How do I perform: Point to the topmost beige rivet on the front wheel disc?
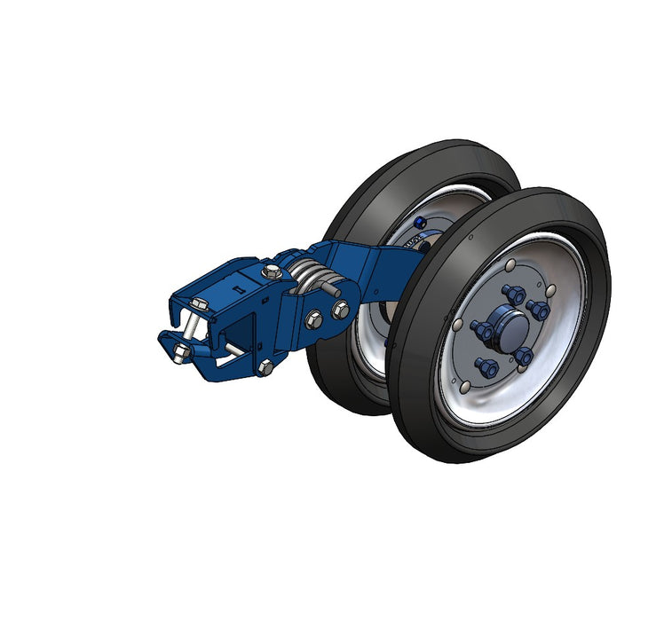tap(510, 265)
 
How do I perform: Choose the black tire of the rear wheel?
tap(355, 204)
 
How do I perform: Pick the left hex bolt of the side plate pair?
tap(314, 319)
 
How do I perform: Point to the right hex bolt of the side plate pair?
tap(340, 310)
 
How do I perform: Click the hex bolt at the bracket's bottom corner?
tap(265, 367)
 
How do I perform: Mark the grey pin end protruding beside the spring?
tap(335, 288)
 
